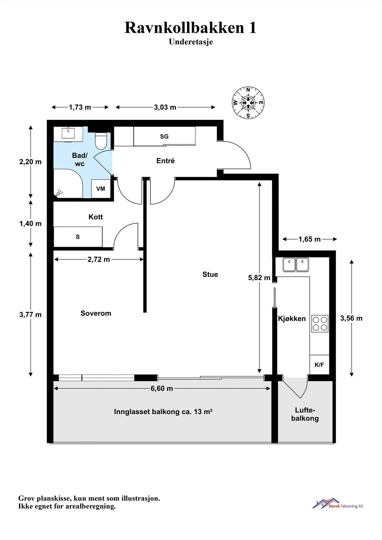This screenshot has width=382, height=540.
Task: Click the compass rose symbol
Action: click(248, 103)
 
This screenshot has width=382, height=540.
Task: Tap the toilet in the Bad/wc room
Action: click(101, 141)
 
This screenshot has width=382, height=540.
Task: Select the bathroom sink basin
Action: click(68, 133)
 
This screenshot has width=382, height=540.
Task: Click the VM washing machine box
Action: click(101, 189)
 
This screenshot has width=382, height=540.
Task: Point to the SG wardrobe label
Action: click(164, 136)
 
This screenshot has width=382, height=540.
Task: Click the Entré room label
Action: click(165, 161)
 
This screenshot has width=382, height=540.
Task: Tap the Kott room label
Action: click(96, 217)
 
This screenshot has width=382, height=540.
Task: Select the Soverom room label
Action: click(96, 313)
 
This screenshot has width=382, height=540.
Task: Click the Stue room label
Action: click(210, 274)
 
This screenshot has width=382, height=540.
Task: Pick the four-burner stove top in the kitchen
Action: click(320, 324)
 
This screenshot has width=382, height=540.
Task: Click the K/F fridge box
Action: click(320, 364)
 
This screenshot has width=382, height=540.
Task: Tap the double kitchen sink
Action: click(296, 265)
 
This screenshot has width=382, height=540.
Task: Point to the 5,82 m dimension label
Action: click(259, 278)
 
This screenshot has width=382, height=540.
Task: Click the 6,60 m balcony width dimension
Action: click(162, 388)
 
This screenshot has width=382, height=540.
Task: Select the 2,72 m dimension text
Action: click(99, 260)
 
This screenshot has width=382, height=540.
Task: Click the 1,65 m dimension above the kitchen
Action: click(310, 239)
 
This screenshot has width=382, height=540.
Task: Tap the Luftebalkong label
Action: click(305, 414)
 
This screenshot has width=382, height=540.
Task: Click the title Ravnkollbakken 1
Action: click(190, 28)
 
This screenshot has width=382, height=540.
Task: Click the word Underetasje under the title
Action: click(191, 42)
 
